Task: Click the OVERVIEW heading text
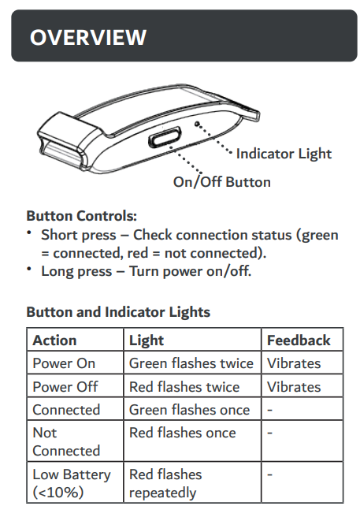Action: (88, 37)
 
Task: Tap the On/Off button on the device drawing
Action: (165, 137)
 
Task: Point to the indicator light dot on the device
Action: (197, 124)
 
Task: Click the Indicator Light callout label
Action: (284, 154)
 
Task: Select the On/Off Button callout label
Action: (222, 182)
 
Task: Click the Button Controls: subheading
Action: (82, 216)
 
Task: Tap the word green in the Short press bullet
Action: (317, 236)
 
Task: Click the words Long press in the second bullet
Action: (76, 271)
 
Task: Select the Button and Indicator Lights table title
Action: (118, 312)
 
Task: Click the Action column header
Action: (54, 340)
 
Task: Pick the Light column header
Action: (147, 340)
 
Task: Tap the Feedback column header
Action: (299, 340)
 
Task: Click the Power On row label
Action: (64, 363)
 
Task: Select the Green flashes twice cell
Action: (191, 363)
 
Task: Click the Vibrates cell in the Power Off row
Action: (294, 387)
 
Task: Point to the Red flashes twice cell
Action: (184, 387)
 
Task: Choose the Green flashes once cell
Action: (189, 410)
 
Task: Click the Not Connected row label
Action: (66, 441)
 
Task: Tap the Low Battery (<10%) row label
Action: (72, 483)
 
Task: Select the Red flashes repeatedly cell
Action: (165, 483)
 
